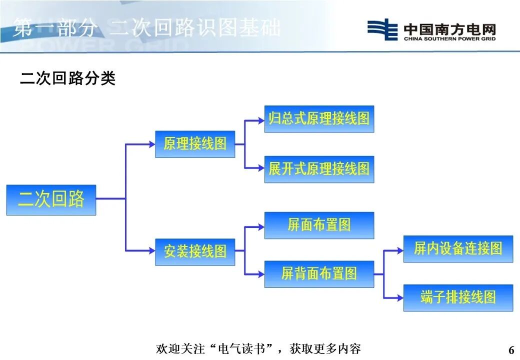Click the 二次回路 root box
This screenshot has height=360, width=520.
point(51,200)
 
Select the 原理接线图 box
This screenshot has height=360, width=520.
point(195,144)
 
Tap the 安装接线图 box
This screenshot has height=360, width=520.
point(195,251)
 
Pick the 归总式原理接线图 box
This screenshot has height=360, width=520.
point(319,119)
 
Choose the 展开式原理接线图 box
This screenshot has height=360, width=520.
point(319,169)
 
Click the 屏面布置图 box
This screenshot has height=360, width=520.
point(319,225)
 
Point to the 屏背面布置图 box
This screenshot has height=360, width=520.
point(319,274)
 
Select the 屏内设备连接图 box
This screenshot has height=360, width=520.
point(458,249)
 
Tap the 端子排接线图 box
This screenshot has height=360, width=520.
point(458,298)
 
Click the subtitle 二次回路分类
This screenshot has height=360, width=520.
point(68,78)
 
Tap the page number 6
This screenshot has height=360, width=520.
point(511,349)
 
